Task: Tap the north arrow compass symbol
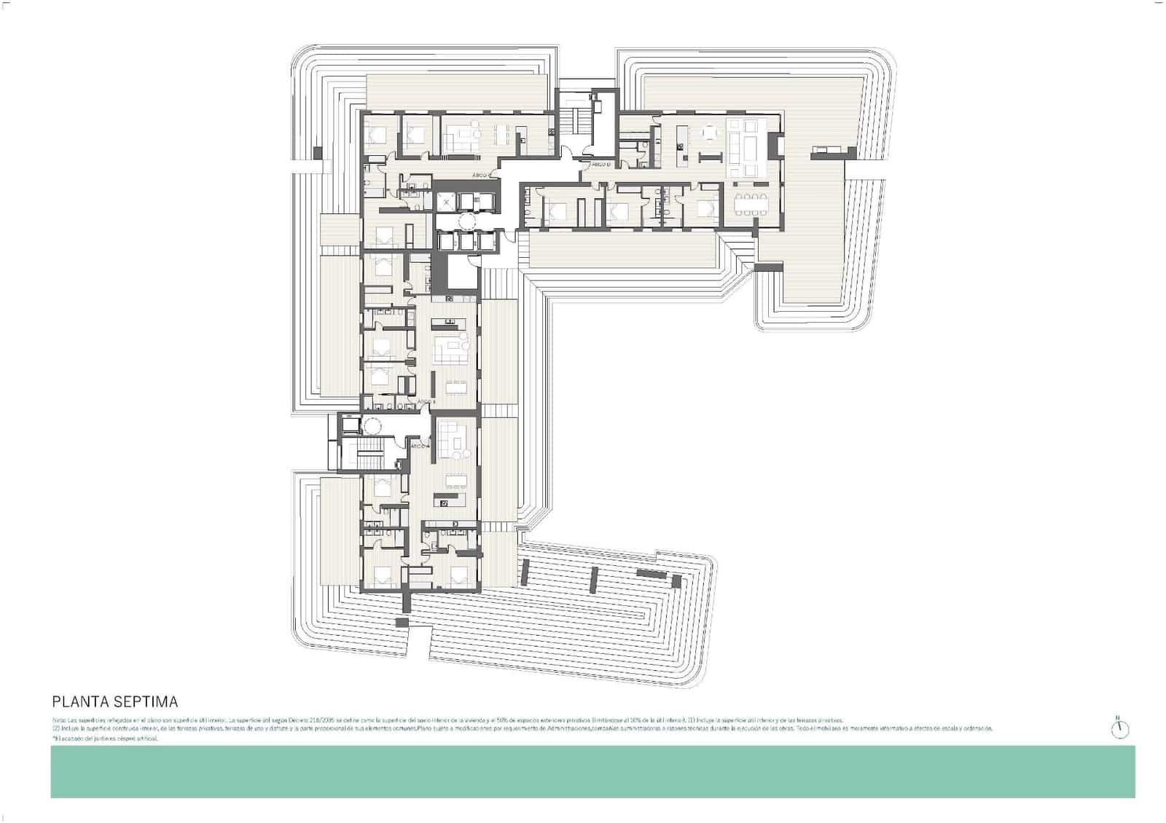[x=1120, y=728]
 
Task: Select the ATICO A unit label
[x=419, y=446]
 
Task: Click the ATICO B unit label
[x=426, y=401]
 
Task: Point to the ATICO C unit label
[x=480, y=175]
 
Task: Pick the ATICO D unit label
[x=600, y=165]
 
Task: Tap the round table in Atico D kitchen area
[x=709, y=133]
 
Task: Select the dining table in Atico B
[x=456, y=386]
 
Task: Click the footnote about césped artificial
[x=106, y=739]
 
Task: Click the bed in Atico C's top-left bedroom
[x=378, y=135]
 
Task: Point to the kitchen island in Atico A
[x=451, y=500]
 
